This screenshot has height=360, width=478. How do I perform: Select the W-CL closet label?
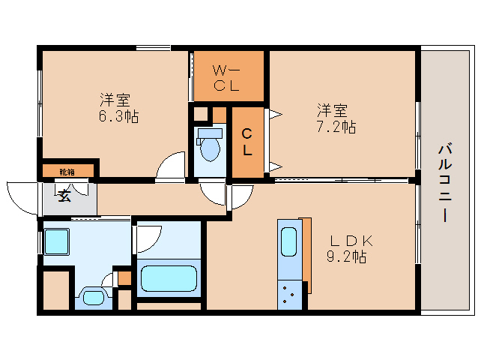tap(227, 77)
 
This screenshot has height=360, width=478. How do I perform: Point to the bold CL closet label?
tap(246, 142)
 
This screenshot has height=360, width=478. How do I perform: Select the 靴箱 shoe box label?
tap(67, 172)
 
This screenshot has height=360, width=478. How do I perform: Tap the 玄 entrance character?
tap(64, 196)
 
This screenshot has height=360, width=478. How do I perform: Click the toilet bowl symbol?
tap(210, 148)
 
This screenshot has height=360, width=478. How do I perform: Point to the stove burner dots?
tap(288, 295)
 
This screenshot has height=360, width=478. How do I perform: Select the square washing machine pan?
tap(58, 242)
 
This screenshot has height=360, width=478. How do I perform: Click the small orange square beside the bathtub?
tap(124, 277)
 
